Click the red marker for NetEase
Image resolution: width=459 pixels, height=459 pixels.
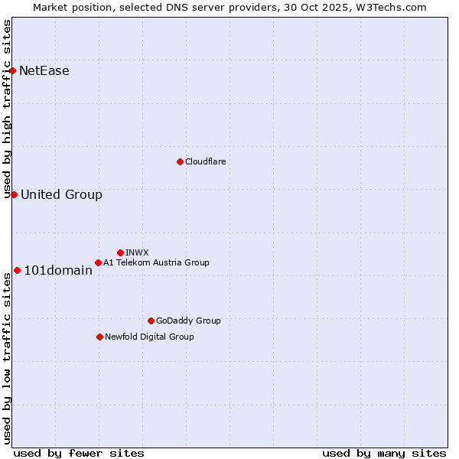pyautogui.click(x=13, y=71)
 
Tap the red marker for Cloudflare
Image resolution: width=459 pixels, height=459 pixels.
pyautogui.click(x=180, y=161)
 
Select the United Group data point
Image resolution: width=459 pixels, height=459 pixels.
pyautogui.click(x=14, y=194)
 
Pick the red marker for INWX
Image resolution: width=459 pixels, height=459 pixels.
pyautogui.click(x=120, y=252)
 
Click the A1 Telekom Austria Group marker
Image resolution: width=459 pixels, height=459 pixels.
pyautogui.click(x=98, y=262)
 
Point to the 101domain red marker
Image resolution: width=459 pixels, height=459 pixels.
pyautogui.click(x=17, y=270)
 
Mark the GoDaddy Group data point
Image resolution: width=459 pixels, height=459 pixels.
pyautogui.click(x=151, y=321)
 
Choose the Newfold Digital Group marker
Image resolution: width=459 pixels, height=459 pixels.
pyautogui.click(x=99, y=337)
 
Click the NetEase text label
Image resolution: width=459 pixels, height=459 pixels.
pyautogui.click(x=44, y=71)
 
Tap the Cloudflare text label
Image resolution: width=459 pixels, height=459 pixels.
pyautogui.click(x=206, y=161)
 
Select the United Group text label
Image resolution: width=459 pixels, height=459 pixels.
pyautogui.click(x=61, y=194)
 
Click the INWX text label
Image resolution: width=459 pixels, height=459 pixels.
pyautogui.click(x=137, y=252)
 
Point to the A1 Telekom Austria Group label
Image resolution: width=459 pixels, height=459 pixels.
pyautogui.click(x=156, y=262)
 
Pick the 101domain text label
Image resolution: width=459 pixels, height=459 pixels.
pyautogui.click(x=58, y=270)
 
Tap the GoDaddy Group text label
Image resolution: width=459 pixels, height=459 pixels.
pyautogui.click(x=188, y=321)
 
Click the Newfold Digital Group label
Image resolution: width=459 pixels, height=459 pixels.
pyautogui.click(x=149, y=337)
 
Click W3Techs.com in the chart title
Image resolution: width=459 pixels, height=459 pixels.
pyautogui.click(x=395, y=7)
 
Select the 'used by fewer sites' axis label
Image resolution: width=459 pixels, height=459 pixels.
pyautogui.click(x=79, y=453)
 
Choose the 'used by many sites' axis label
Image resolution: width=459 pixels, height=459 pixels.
pyautogui.click(x=384, y=453)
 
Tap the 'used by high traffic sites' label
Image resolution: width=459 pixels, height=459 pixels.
pyautogui.click(x=7, y=109)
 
